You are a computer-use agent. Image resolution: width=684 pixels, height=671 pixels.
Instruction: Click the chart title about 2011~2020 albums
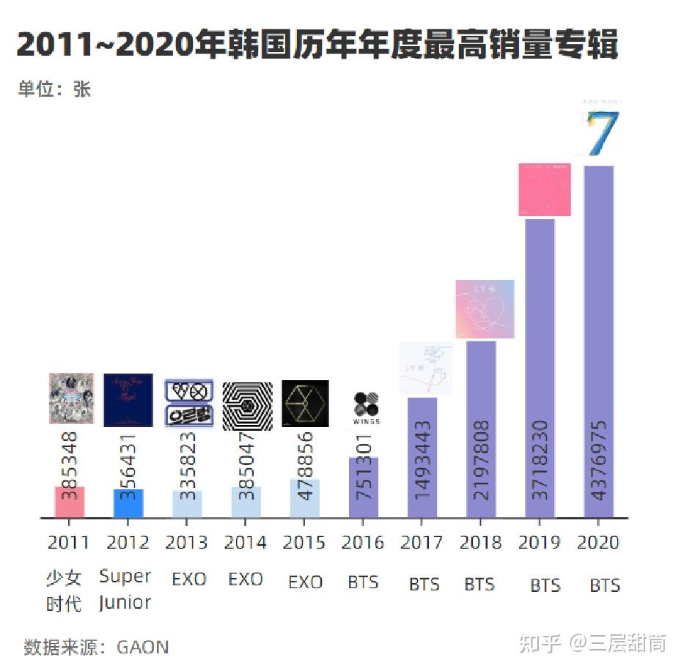pyautogui.click(x=317, y=45)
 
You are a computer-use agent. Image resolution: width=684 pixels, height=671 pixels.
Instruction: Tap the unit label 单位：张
pyautogui.click(x=54, y=89)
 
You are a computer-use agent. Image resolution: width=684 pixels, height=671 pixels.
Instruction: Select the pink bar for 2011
pyautogui.click(x=70, y=503)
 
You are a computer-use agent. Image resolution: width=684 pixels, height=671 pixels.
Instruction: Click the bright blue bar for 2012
pyautogui.click(x=128, y=504)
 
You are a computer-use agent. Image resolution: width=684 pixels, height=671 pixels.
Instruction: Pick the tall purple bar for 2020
pyautogui.click(x=598, y=341)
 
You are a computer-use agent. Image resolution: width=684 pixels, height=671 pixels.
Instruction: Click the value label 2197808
pyautogui.click(x=482, y=459)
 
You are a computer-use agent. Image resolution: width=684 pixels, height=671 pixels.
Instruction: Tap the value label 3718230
pyautogui.click(x=540, y=459)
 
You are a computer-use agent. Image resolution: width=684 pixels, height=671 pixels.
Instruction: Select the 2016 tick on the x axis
pyautogui.click(x=363, y=543)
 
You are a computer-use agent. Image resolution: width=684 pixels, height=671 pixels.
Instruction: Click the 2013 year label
pyautogui.click(x=186, y=543)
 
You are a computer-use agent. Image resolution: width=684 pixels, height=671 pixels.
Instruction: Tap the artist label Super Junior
pyautogui.click(x=125, y=589)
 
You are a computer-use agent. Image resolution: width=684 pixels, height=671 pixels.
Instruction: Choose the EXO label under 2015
pyautogui.click(x=305, y=582)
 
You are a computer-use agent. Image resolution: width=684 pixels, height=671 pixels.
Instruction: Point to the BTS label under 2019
pyautogui.click(x=545, y=585)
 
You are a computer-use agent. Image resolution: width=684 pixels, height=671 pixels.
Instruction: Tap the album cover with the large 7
pyautogui.click(x=601, y=130)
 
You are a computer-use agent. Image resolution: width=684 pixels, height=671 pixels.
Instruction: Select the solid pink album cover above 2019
pyautogui.click(x=544, y=189)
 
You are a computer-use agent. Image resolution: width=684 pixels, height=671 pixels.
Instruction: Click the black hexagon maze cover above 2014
pyautogui.click(x=247, y=404)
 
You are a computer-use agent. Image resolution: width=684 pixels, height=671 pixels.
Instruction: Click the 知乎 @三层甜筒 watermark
pyautogui.click(x=592, y=643)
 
